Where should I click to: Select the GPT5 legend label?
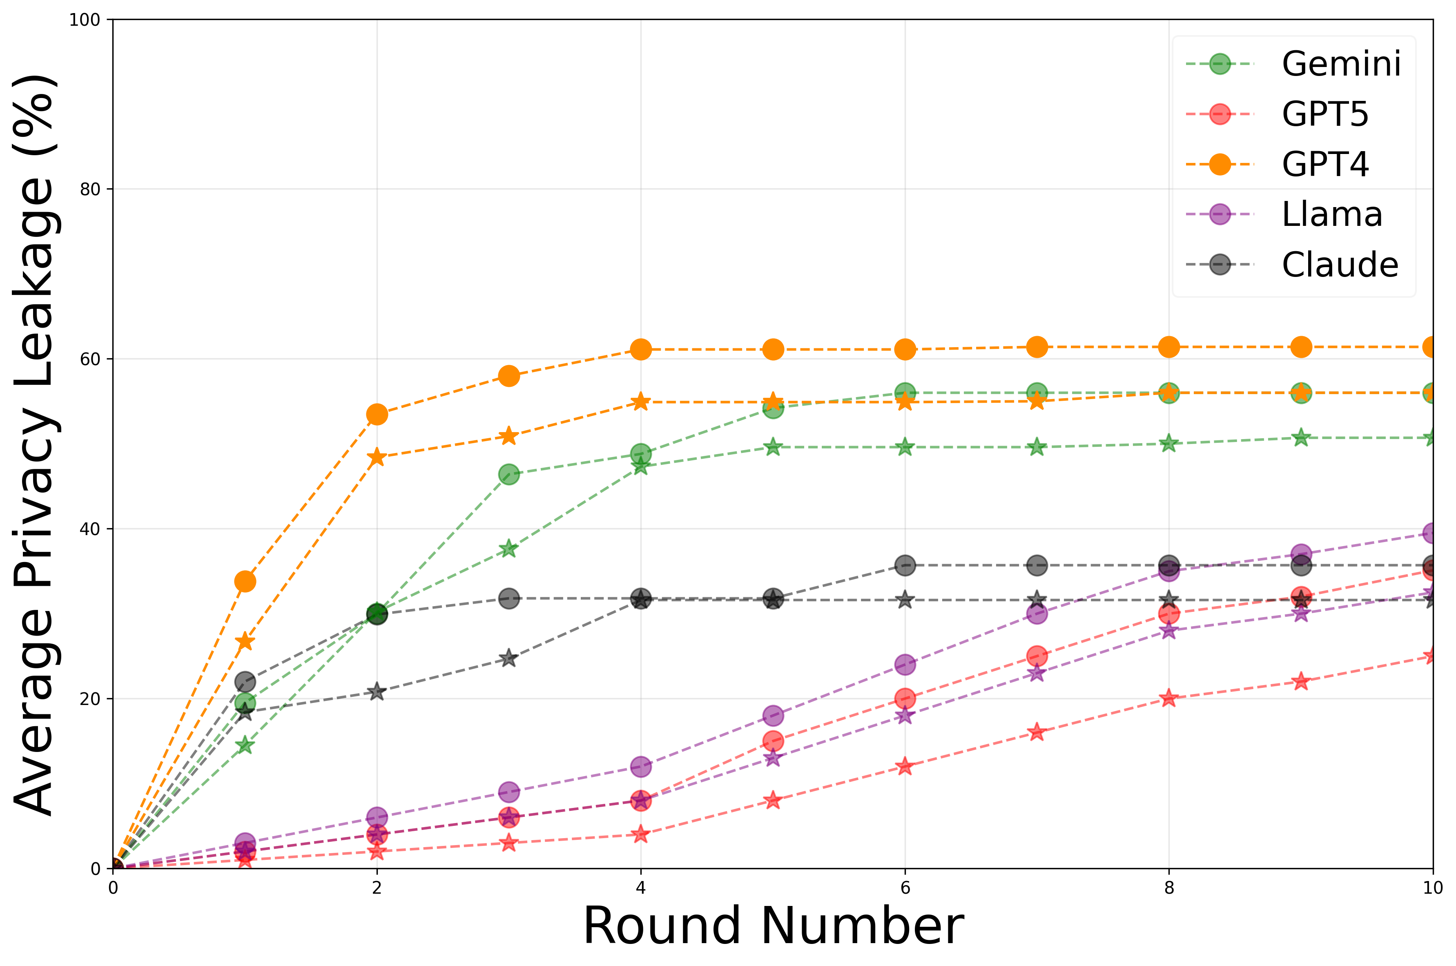coord(1324,115)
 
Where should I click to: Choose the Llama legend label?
coord(1331,214)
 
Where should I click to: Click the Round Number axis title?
coord(773,926)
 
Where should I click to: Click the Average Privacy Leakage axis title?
coord(37,445)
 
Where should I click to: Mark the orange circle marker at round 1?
coord(245,582)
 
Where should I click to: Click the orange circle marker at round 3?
coord(509,376)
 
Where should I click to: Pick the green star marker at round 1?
coord(245,745)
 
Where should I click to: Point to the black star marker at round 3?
coord(509,658)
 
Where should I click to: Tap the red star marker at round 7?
coord(1037,732)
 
